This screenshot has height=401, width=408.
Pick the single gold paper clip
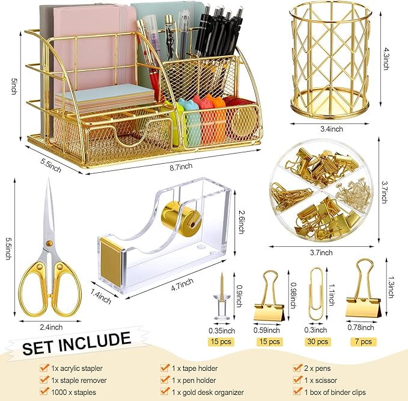pos(315,292)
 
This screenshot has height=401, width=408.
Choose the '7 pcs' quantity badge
pos(364,342)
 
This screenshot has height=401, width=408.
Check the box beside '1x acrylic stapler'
pos(44,367)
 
